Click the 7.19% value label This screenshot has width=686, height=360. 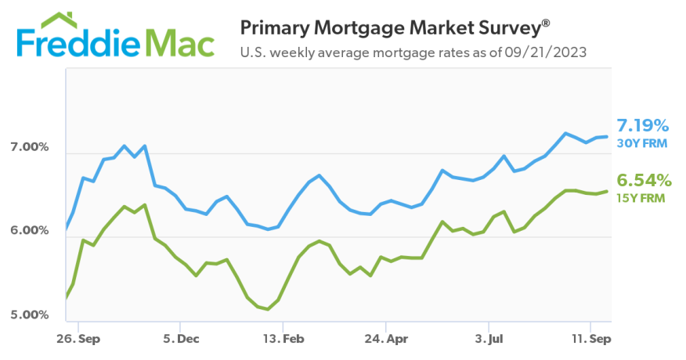642,125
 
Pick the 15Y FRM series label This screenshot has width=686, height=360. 641,198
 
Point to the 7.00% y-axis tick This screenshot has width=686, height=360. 29,147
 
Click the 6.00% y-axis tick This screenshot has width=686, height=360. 29,231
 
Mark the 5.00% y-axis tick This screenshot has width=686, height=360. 29,315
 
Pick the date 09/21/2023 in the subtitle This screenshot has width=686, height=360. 548,53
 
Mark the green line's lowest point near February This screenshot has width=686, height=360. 268,309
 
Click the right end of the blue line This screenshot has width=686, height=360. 607,137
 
